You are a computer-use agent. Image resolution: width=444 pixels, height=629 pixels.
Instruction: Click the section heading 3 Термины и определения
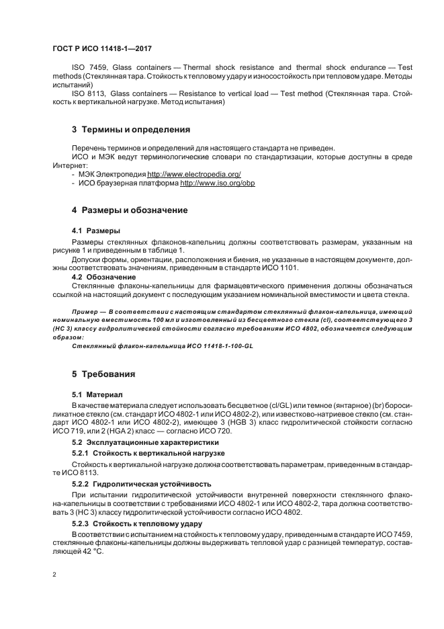[121, 128]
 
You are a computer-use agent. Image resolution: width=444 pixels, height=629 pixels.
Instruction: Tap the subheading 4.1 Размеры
[96, 230]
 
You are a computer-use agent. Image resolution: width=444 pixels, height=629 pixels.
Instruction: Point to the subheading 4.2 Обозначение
[103, 276]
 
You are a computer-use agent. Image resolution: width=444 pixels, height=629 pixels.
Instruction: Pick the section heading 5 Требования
[103, 373]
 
